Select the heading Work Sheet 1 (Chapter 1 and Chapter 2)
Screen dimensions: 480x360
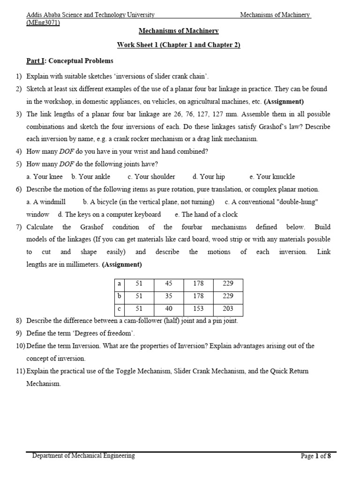pos(179,45)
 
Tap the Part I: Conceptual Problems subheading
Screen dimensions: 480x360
pos(69,61)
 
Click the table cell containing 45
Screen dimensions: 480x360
pos(169,284)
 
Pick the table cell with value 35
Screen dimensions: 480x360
pos(169,296)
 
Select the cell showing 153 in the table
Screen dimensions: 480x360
pos(198,308)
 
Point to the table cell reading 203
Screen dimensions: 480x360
pos(228,308)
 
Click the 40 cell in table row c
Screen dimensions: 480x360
pos(169,308)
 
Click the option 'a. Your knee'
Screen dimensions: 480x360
pos(45,177)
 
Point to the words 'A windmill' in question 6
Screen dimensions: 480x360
pos(49,202)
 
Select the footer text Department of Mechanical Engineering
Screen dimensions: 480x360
pos(83,456)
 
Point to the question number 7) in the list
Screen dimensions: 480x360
pos(19,227)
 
